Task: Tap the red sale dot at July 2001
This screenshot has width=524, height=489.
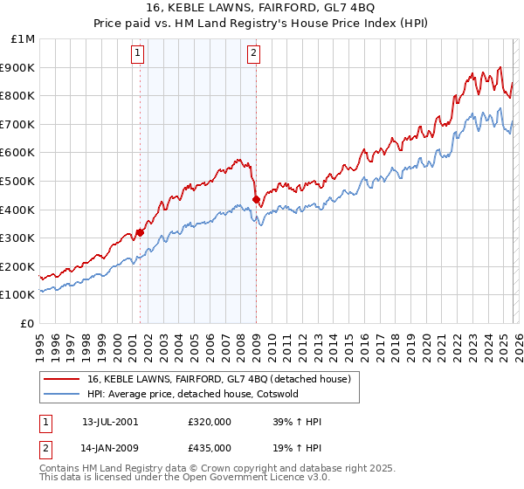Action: tap(140, 232)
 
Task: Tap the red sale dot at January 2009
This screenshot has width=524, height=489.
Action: tap(256, 200)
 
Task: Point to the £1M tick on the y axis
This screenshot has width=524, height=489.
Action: tap(24, 38)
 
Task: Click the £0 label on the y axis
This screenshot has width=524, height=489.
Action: tap(28, 323)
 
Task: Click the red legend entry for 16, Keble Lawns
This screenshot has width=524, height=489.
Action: tap(218, 379)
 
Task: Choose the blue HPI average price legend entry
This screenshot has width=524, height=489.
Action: tap(192, 394)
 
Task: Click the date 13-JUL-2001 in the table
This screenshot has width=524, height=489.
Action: tap(110, 422)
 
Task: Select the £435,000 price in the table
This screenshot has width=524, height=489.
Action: tap(210, 447)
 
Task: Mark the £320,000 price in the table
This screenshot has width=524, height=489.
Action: tap(210, 422)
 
